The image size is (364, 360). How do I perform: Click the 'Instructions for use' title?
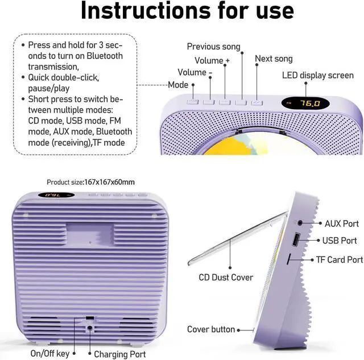point(187,12)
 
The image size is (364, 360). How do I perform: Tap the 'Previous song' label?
point(213,47)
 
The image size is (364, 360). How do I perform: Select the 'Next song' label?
point(274,59)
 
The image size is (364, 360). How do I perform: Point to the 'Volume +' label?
point(212,60)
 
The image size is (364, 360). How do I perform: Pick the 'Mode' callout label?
point(178,85)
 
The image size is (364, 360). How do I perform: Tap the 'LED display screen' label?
point(318,76)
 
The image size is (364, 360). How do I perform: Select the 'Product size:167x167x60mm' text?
point(91,182)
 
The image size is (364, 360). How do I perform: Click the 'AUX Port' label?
point(341,224)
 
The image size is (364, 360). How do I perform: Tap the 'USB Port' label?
point(340,241)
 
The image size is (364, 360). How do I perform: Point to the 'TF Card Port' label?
point(340,260)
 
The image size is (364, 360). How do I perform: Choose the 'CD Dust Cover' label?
point(226,278)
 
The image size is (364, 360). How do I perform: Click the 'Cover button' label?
point(210,329)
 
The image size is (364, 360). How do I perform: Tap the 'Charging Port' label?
point(120,354)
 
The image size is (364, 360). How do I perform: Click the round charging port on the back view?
point(90,328)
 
